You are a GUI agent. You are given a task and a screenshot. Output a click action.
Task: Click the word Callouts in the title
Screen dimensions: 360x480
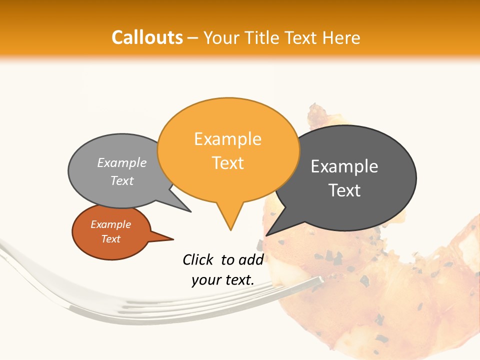coord(147,37)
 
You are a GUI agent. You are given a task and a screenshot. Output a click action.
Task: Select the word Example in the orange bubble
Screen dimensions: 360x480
coord(227,138)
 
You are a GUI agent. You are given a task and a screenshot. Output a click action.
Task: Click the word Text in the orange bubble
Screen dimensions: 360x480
coord(227,163)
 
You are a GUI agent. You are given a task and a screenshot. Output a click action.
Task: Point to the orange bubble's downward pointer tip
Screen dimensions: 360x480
coord(230,230)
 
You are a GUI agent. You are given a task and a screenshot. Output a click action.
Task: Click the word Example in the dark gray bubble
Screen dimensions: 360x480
coord(344,166)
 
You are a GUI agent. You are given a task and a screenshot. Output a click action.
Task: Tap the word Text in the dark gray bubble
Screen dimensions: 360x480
coord(344,190)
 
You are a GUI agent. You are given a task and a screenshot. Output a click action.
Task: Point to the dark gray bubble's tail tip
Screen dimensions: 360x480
coord(266,235)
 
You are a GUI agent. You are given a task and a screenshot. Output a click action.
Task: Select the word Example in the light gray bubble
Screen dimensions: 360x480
coord(122,162)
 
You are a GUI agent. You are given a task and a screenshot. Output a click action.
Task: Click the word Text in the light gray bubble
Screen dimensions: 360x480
coord(122,180)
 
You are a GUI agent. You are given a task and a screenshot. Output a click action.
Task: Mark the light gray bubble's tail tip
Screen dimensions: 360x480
coord(190,211)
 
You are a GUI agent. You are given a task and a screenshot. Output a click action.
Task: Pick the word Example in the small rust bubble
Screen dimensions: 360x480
coord(111,224)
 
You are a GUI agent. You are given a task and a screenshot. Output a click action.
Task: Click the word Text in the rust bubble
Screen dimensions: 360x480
coord(111,239)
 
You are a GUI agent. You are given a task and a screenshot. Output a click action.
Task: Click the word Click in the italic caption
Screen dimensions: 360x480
coord(198,259)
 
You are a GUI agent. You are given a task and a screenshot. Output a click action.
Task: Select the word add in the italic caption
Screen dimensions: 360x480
coord(251,259)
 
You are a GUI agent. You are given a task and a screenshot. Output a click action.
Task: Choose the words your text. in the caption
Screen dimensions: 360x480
coord(223,280)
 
